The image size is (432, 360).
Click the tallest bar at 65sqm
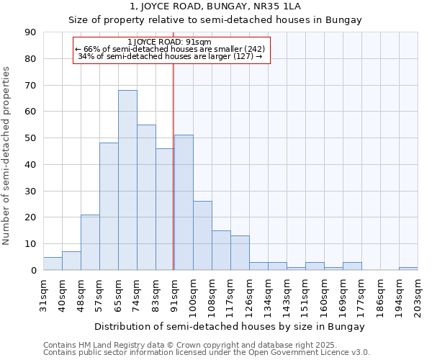127,180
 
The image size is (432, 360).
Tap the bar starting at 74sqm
146,197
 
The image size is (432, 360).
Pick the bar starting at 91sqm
184,202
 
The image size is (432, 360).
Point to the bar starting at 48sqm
90,242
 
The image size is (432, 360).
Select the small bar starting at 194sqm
408,269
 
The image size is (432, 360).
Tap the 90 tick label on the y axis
30,32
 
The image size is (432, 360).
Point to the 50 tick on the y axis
30,138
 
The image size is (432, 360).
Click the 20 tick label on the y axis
30,217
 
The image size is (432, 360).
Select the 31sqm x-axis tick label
43,294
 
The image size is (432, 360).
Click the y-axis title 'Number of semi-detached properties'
7,156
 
